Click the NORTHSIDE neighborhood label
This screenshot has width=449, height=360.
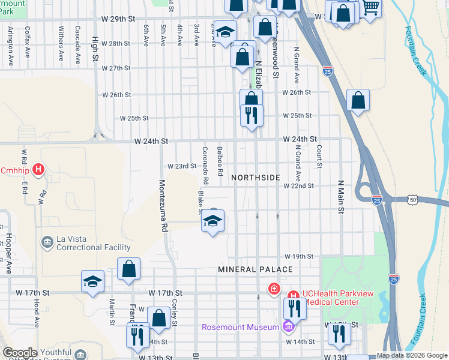(255, 178)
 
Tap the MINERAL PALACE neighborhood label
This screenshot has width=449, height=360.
(255, 269)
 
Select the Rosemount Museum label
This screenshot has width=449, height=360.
(241, 327)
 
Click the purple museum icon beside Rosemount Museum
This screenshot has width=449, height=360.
(288, 327)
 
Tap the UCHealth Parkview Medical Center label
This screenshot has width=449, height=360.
(331, 298)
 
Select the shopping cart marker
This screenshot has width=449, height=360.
(370, 8)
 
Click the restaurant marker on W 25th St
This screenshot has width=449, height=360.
(252, 114)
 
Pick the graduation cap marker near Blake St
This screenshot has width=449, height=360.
(212, 222)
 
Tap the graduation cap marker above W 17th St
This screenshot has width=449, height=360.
(92, 282)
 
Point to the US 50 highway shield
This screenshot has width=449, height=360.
(412, 199)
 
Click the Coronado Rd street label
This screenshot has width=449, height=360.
(205, 165)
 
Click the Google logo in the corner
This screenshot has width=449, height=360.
(20, 353)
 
